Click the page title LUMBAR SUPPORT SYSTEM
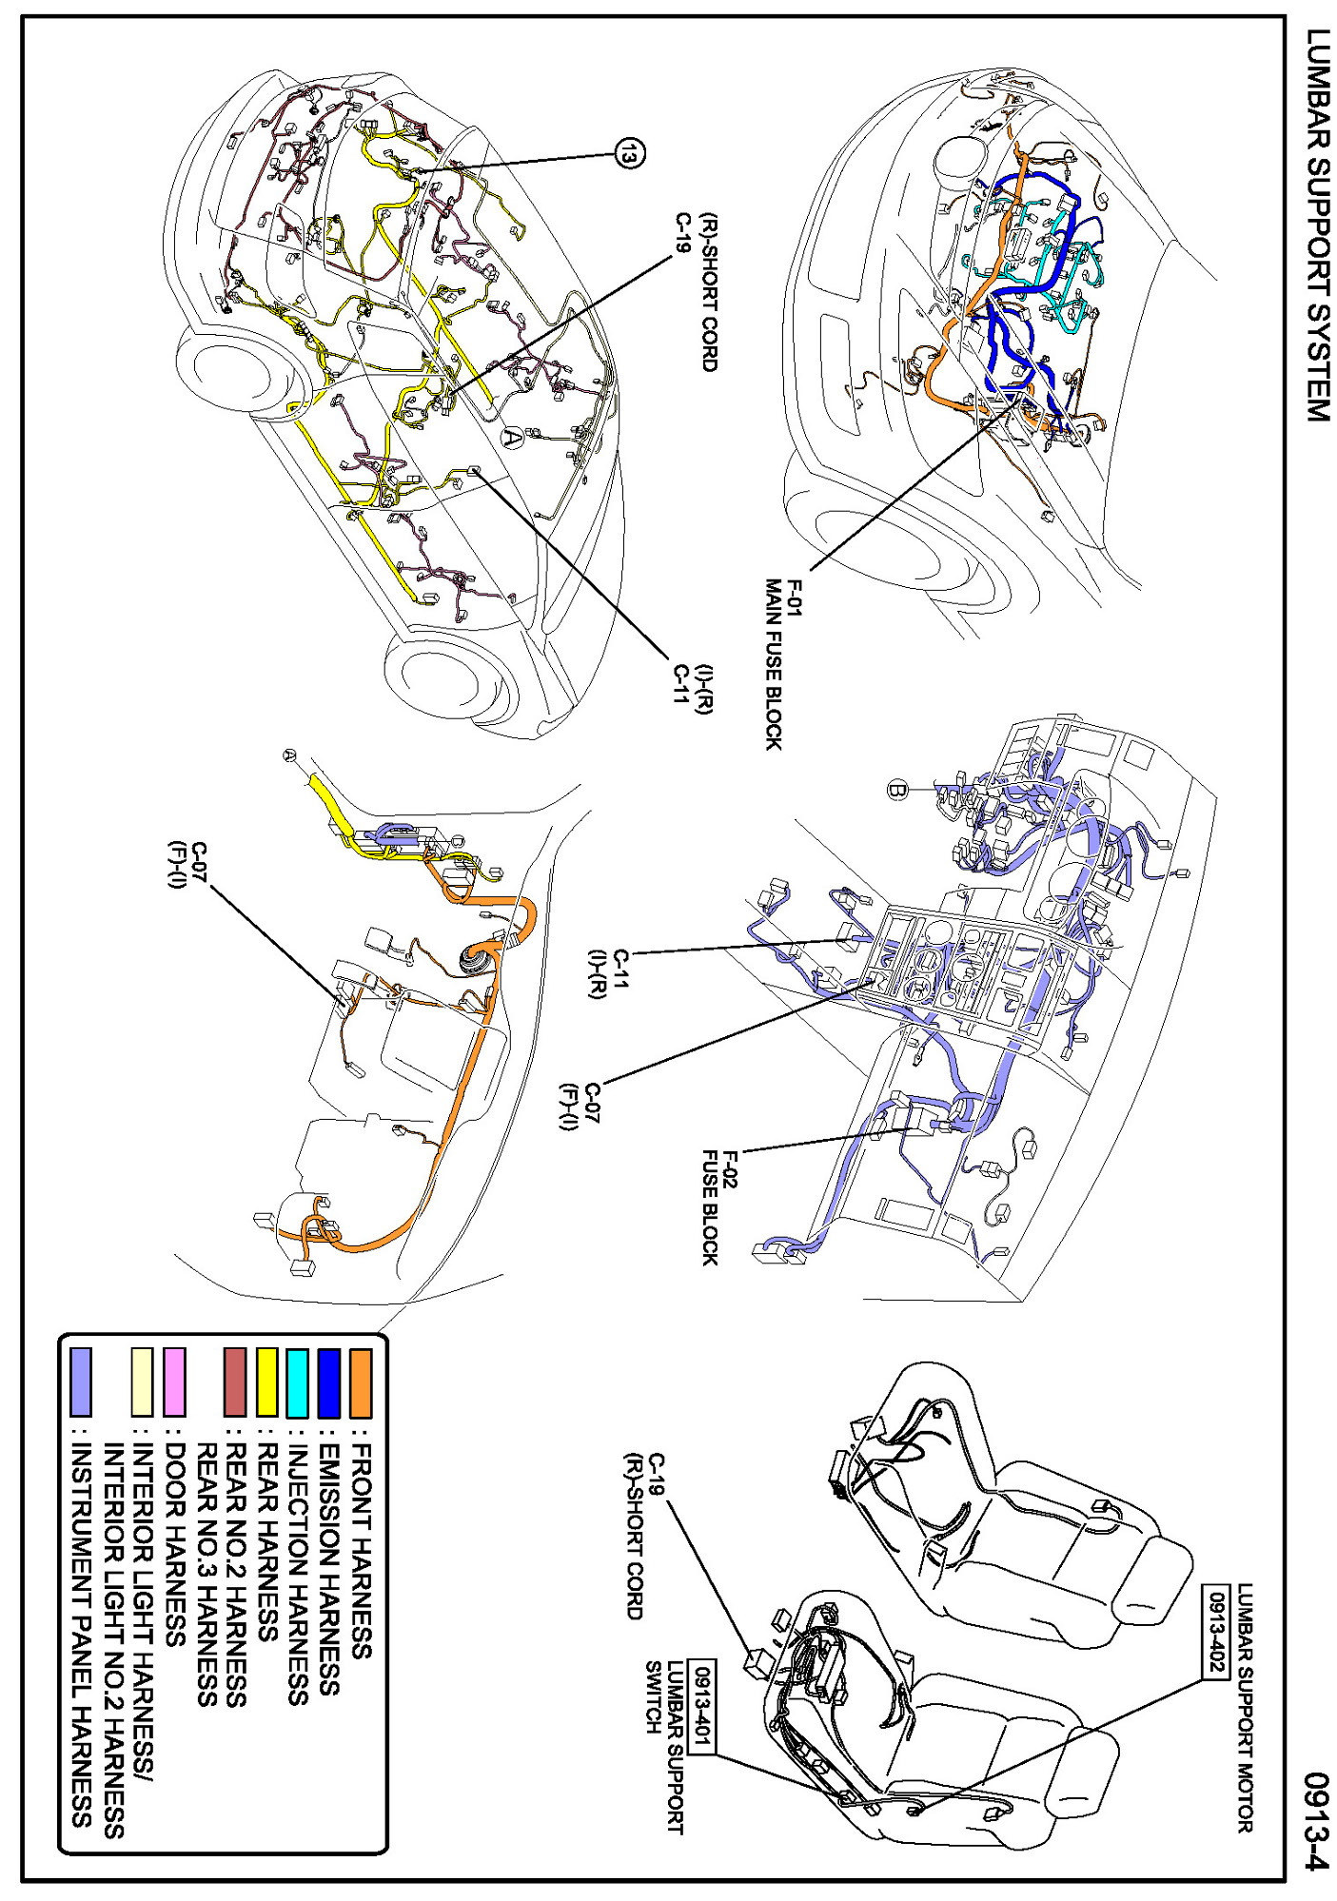(1317, 225)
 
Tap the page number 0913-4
(1317, 1819)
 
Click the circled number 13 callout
(629, 152)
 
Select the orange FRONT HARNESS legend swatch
(361, 1382)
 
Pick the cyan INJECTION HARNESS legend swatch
(298, 1382)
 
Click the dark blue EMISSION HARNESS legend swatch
(329, 1382)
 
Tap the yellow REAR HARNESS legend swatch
(266, 1382)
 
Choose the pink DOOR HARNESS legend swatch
(174, 1382)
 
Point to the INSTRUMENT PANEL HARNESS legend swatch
(82, 1382)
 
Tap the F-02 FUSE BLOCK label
(719, 1206)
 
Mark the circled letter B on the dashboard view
(895, 789)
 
